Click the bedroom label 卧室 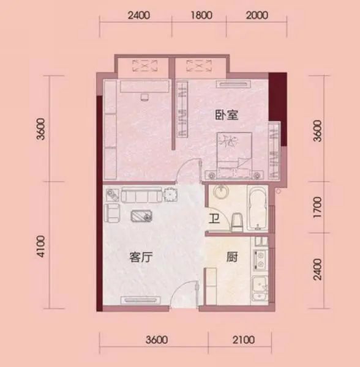coord(227,115)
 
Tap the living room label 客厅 coord(141,257)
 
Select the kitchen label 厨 coord(232,257)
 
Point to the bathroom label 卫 coord(214,219)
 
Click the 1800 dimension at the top coord(201,15)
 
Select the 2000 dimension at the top coord(257,15)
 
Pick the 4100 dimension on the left coord(41,247)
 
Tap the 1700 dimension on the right coord(318,207)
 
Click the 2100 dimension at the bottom coord(244,340)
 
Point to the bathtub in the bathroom coord(258,209)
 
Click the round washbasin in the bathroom coord(221,192)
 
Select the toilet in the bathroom coord(236,223)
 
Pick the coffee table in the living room coord(141,216)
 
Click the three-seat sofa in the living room coord(141,194)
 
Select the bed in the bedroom coord(234,155)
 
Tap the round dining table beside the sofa coord(170,195)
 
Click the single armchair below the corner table coord(112,213)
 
